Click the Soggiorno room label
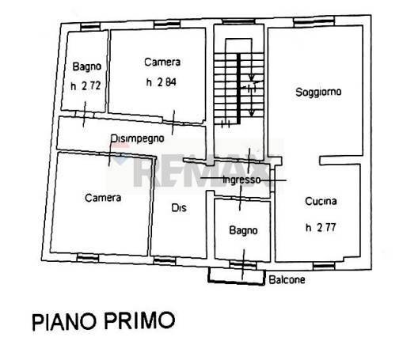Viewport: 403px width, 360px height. coord(317,92)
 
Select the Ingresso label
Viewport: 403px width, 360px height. coord(241,180)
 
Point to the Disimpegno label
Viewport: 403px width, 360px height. coord(137,138)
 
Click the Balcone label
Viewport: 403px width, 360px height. coord(286,280)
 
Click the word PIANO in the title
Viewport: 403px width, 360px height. coord(65,322)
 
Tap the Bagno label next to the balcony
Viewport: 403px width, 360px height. coord(243,231)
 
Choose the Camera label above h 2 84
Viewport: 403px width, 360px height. coord(162,62)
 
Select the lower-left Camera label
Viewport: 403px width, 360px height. coord(102,197)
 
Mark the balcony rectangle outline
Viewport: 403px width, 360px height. coord(236,275)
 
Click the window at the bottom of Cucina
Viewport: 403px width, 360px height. coord(322,263)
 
